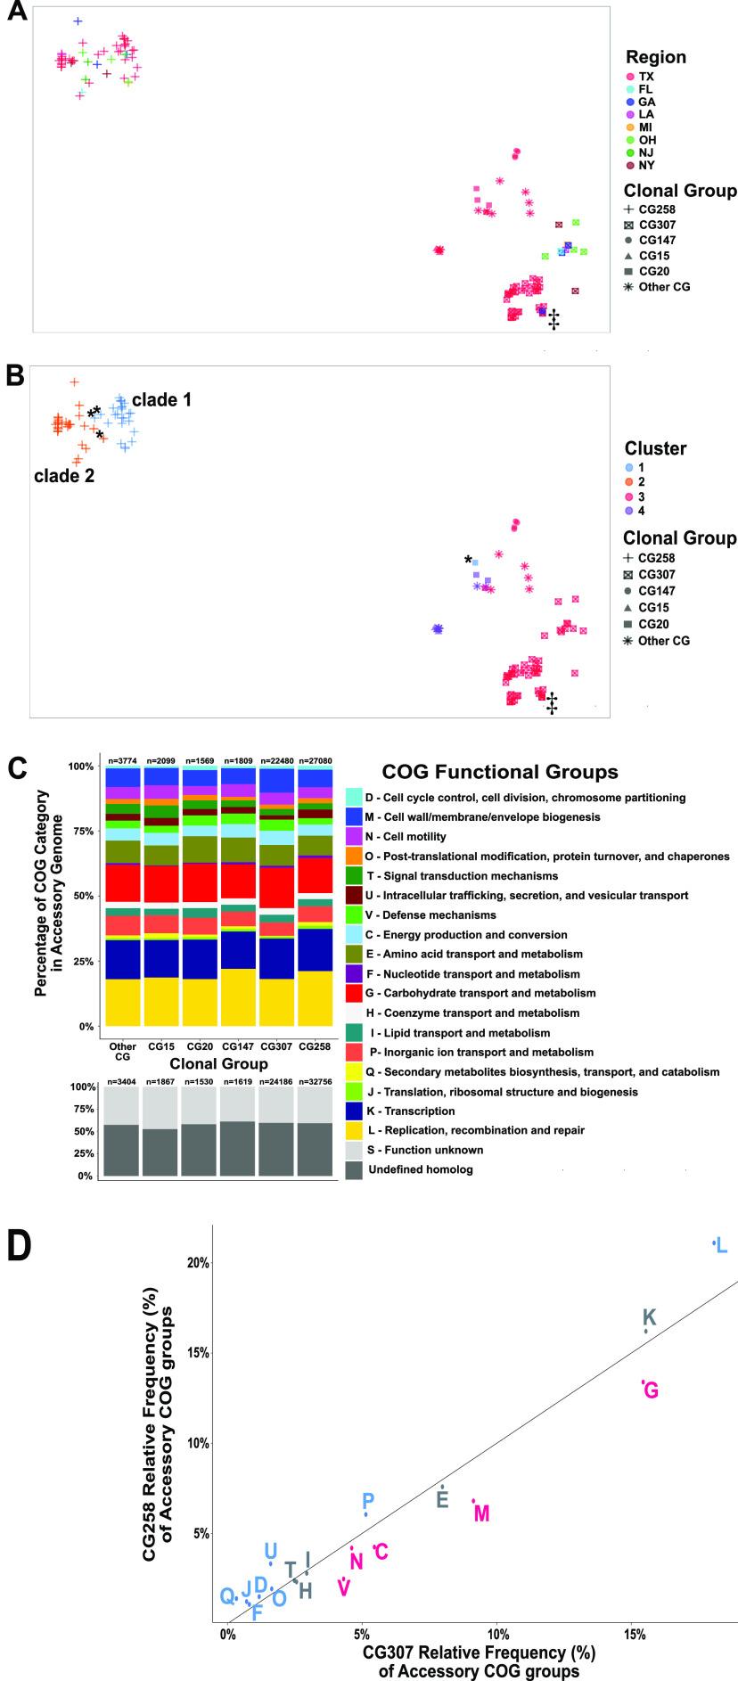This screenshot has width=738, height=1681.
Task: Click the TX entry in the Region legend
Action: tap(646, 77)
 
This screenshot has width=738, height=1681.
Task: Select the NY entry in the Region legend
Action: tap(646, 165)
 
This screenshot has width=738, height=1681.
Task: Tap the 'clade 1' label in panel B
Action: tap(161, 400)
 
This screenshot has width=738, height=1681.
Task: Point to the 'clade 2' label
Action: tap(64, 476)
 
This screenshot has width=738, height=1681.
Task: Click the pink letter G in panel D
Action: tap(651, 1390)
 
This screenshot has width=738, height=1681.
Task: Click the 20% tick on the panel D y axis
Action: tap(198, 1263)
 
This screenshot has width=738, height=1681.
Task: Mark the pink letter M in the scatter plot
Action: tap(482, 1513)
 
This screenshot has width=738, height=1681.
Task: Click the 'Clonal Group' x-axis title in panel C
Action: tap(218, 1064)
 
